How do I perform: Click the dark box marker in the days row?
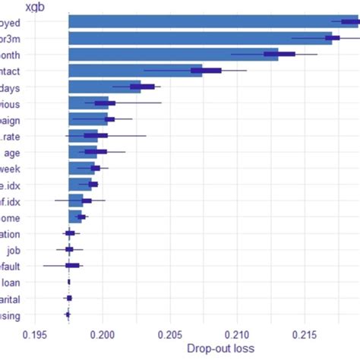[x=142, y=87]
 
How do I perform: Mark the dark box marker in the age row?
[x=96, y=152]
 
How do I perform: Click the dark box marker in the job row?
[x=69, y=249]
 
